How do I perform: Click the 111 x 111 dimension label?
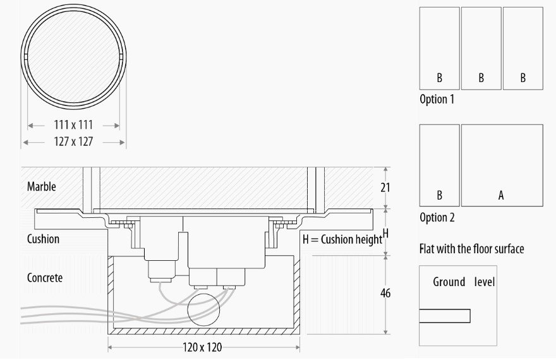73,125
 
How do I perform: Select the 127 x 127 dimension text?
73,141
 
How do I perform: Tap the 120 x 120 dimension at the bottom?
202,347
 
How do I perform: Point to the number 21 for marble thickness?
385,187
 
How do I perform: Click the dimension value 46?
385,294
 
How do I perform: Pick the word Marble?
42,186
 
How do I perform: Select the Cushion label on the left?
43,239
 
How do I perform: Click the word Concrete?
45,277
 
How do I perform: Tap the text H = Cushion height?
342,239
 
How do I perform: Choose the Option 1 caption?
437,99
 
